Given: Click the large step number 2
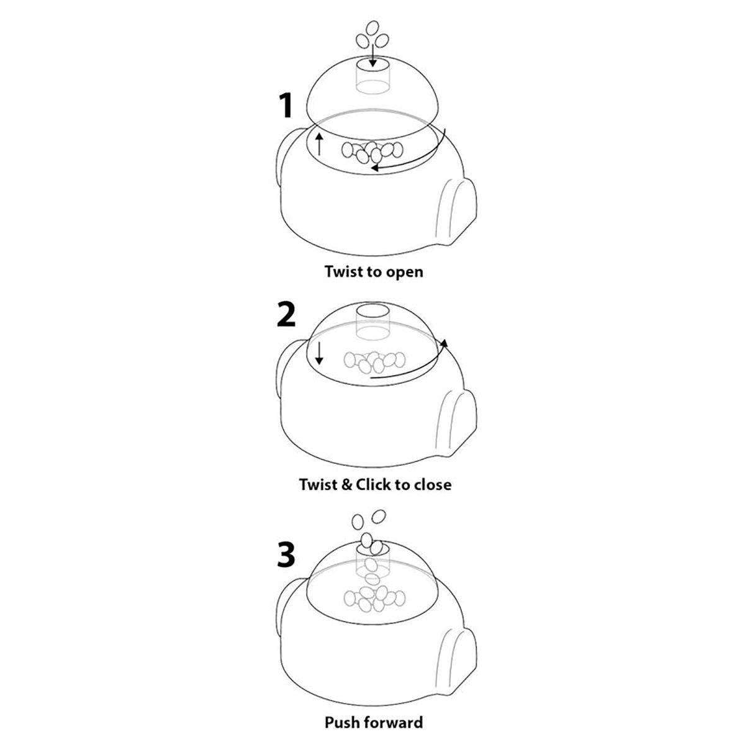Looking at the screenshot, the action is pyautogui.click(x=286, y=315).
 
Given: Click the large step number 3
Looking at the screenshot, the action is pyautogui.click(x=286, y=555).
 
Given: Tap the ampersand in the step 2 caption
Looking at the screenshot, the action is pyautogui.click(x=347, y=484).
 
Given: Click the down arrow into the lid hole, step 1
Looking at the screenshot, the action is pyautogui.click(x=372, y=56).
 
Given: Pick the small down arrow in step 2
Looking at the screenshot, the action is pyautogui.click(x=319, y=354).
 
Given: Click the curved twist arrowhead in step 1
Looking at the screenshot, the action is pyautogui.click(x=374, y=168).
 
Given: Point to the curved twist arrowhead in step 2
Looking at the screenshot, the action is pyautogui.click(x=445, y=343).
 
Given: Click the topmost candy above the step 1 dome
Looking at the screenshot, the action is pyautogui.click(x=372, y=29).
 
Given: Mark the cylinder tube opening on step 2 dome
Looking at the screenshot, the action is pyautogui.click(x=372, y=311).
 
